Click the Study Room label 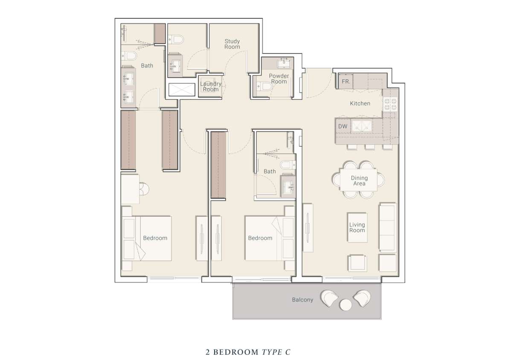(232, 44)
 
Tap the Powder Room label (279, 78)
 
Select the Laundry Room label (211, 87)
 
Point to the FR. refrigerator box (346, 81)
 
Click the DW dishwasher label (343, 126)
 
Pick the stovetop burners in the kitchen (390, 104)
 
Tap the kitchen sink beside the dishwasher (362, 126)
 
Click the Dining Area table (358, 180)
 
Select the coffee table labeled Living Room (357, 227)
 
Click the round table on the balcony (346, 305)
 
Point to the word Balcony (303, 300)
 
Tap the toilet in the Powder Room (264, 87)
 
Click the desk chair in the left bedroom (144, 189)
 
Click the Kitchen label (360, 104)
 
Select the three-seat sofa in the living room (387, 227)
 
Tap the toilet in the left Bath (129, 55)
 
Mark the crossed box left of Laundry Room (182, 90)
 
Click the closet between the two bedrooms (218, 165)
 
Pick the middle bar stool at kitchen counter (369, 147)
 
